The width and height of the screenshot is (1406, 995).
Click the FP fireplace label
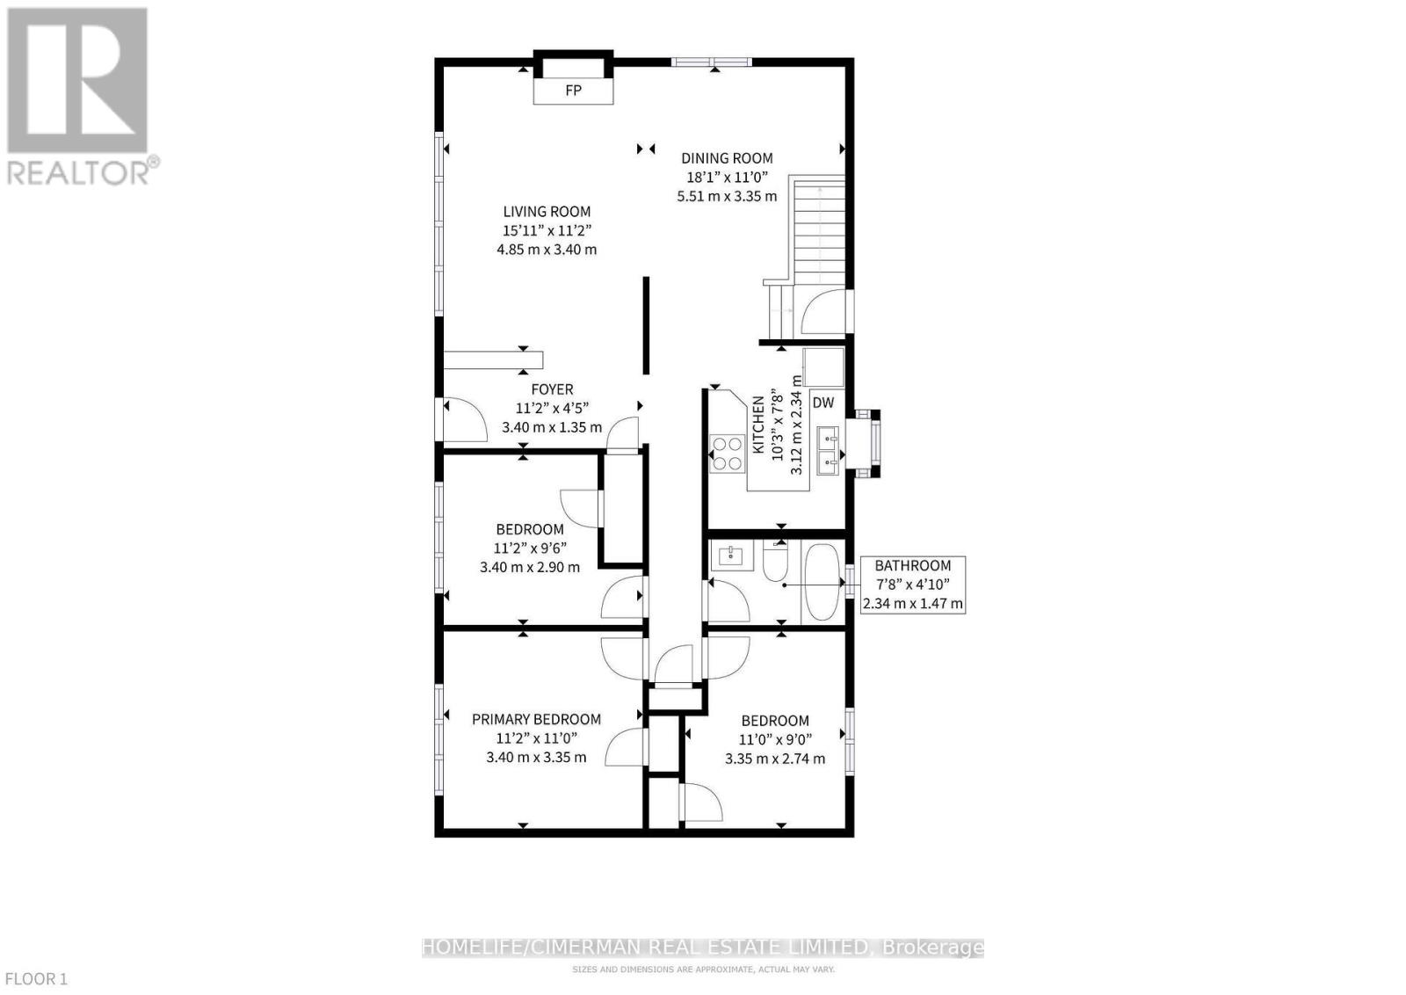(573, 91)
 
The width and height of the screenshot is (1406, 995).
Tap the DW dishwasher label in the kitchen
(823, 403)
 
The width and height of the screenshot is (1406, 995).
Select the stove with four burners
(727, 453)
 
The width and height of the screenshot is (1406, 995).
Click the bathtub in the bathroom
(823, 583)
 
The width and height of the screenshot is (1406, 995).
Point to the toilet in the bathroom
(775, 563)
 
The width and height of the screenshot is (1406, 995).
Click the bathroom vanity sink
(731, 556)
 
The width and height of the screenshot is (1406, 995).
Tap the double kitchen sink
(827, 448)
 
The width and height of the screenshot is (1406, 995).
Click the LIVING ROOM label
(547, 211)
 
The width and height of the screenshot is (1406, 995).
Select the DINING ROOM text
(727, 158)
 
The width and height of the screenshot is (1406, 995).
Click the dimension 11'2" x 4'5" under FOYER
(552, 408)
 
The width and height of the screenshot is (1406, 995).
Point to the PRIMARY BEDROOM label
(536, 719)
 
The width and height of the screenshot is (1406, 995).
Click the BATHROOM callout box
(913, 585)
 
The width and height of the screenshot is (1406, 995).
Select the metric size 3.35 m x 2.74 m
(774, 759)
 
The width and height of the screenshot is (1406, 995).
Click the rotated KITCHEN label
(757, 425)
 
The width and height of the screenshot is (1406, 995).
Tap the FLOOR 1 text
(36, 978)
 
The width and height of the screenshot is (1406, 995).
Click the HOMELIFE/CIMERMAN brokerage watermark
(702, 948)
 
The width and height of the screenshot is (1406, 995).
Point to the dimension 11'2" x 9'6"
(529, 548)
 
